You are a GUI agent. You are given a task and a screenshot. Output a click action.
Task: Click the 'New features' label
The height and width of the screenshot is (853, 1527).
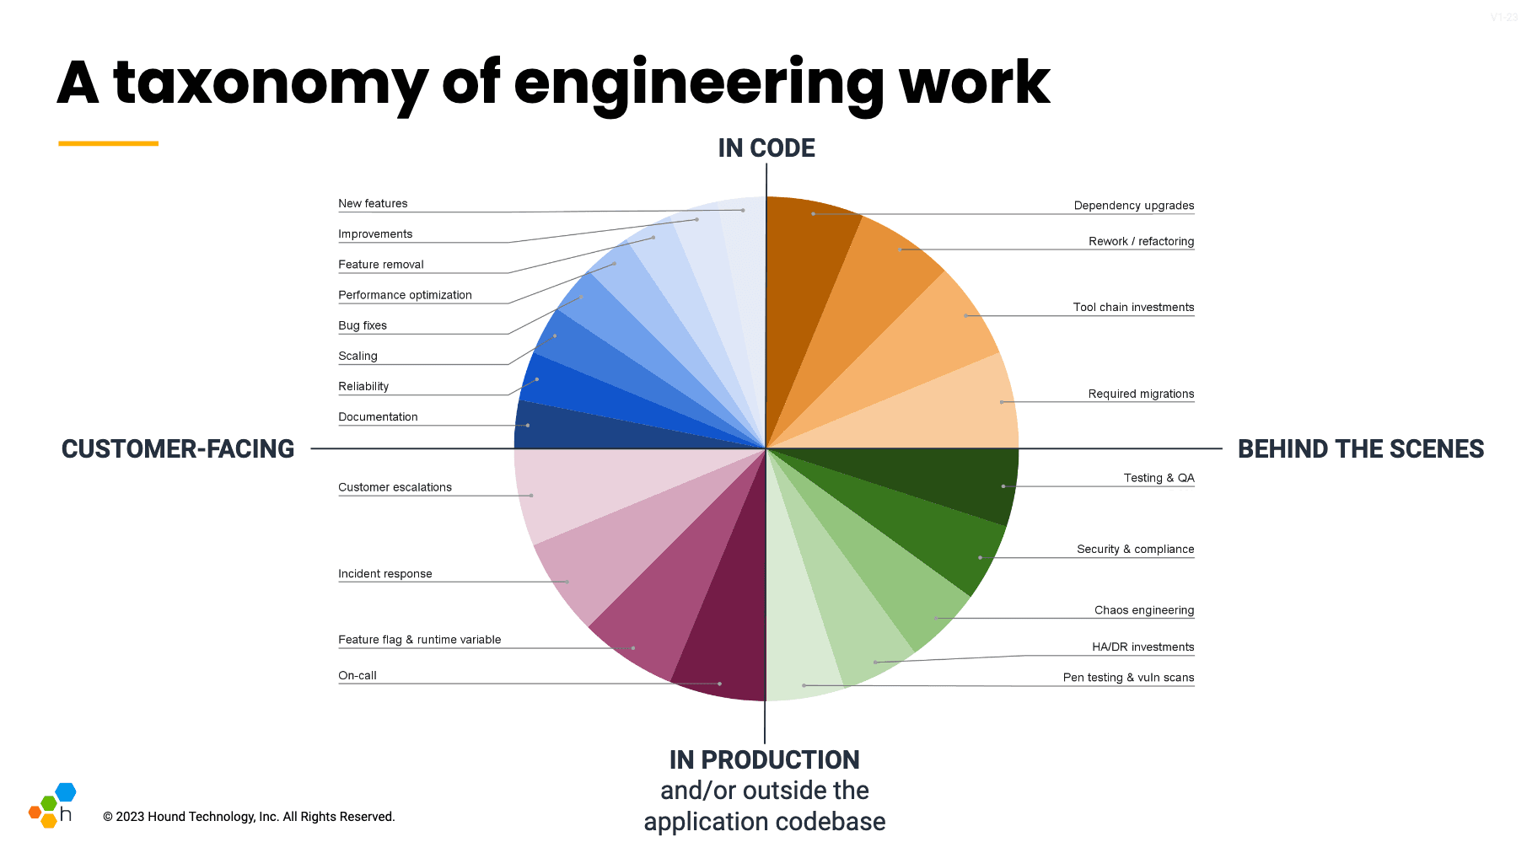373,203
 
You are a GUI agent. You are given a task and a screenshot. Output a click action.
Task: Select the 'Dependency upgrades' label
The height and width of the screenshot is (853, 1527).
1133,206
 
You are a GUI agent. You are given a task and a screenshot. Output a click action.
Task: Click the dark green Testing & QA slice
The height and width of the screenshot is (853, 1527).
944,480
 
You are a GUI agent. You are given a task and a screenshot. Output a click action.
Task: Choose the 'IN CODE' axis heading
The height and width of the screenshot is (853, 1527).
766,148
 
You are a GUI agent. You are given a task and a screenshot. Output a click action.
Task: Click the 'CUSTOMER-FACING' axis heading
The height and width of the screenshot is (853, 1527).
178,449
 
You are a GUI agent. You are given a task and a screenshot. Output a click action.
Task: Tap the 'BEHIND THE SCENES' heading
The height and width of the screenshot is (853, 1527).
1360,449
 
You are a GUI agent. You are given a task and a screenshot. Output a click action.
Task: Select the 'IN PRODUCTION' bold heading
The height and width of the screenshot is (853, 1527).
764,759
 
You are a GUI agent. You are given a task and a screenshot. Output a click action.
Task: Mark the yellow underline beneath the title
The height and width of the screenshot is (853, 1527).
108,143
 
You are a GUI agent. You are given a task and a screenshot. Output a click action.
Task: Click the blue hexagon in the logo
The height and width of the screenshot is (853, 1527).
66,791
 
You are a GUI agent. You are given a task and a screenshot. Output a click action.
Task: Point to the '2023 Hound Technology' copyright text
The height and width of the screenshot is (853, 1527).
249,817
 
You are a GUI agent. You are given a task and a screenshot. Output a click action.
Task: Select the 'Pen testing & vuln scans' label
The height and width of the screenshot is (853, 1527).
1127,678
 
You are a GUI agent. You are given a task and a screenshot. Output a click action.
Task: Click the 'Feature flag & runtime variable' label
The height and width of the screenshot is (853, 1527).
419,640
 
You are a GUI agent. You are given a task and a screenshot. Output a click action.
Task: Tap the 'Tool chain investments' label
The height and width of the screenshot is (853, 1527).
1133,308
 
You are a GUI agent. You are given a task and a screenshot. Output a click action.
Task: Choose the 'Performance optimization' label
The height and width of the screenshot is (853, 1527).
405,295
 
